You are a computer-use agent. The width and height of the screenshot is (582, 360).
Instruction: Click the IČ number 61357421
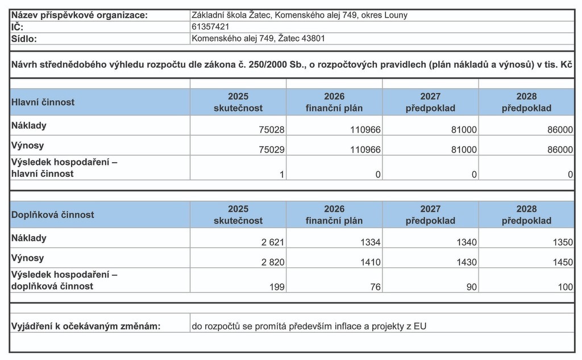click(x=211, y=26)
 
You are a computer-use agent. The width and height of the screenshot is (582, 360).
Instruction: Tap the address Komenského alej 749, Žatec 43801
click(x=259, y=38)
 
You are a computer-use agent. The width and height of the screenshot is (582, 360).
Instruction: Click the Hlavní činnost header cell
click(x=43, y=102)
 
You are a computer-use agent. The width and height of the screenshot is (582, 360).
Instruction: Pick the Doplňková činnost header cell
click(x=53, y=215)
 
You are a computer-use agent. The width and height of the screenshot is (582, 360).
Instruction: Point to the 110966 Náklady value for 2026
click(x=365, y=130)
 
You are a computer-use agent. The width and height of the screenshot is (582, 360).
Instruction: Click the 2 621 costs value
click(x=273, y=242)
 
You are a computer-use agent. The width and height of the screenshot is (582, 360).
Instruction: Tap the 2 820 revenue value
click(x=273, y=262)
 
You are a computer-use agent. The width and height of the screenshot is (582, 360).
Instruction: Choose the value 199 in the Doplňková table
click(x=277, y=287)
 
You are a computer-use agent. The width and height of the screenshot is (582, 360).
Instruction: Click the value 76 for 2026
click(x=375, y=287)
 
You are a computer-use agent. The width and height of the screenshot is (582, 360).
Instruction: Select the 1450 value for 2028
click(x=563, y=262)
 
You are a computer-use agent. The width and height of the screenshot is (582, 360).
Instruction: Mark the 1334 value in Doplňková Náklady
click(x=371, y=242)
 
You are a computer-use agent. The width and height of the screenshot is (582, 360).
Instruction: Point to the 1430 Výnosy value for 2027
click(x=467, y=262)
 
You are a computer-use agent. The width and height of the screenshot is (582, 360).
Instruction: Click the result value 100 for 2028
click(x=566, y=287)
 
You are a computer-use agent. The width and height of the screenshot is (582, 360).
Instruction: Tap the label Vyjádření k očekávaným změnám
click(x=86, y=326)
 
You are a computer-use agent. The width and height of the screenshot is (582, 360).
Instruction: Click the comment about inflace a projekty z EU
click(x=309, y=326)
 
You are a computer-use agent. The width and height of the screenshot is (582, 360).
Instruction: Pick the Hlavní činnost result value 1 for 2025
click(x=281, y=175)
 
